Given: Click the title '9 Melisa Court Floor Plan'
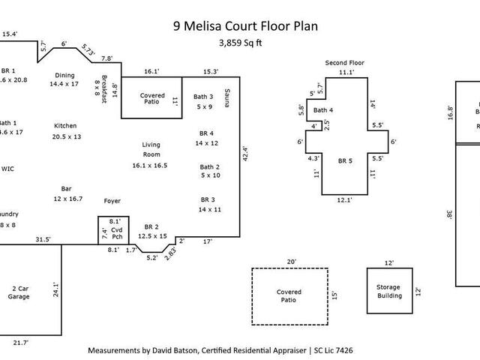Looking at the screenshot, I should [x=244, y=26].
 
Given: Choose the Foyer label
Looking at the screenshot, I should [x=112, y=201].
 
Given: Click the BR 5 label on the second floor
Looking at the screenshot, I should [x=344, y=161].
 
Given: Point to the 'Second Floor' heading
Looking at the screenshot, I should [x=345, y=62].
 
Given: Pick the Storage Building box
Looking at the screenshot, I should [x=389, y=291].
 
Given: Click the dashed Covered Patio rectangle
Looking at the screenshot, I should [x=289, y=296].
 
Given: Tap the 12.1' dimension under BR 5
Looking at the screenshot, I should [x=345, y=200].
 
